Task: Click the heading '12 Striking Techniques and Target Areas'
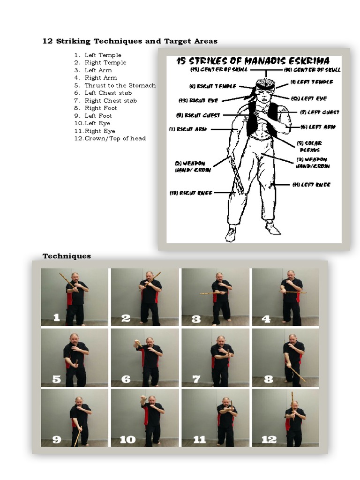tap(130, 41)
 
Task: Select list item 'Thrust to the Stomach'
tap(120, 85)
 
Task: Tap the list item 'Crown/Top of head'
tap(115, 138)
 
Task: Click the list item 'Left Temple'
tap(103, 55)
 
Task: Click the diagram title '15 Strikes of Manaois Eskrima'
tap(253, 61)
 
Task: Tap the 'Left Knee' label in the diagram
tap(311, 185)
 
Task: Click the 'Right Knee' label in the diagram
tap(191, 193)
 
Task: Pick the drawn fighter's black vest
tap(255, 120)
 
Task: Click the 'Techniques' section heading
tap(67, 256)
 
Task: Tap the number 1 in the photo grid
tap(56, 318)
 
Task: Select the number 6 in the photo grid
tap(126, 379)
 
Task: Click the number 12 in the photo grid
tap(269, 439)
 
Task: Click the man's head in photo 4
tap(291, 275)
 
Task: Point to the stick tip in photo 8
tap(305, 381)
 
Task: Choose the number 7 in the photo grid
tap(196, 379)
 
